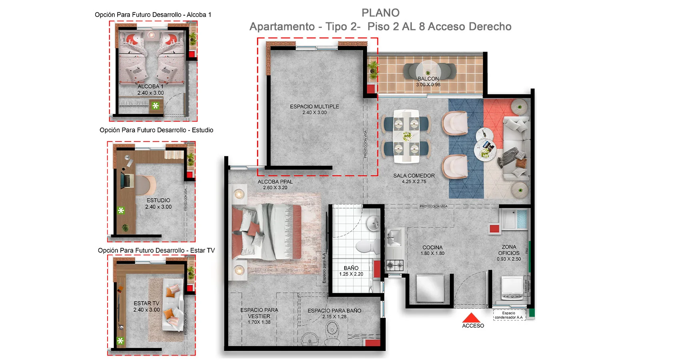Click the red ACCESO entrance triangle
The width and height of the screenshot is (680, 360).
(x=472, y=318)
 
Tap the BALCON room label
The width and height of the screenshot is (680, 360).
(x=428, y=79)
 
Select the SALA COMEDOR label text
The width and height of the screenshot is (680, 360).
(x=414, y=176)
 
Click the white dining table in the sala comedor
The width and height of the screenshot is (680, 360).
(x=406, y=136)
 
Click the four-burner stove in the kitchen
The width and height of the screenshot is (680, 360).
(x=395, y=264)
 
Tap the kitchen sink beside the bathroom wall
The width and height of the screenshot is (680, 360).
(x=394, y=238)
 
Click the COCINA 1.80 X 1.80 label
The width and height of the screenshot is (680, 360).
(x=433, y=250)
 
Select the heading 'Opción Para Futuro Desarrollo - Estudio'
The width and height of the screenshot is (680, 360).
(x=156, y=130)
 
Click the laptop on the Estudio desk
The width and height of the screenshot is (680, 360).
(x=127, y=181)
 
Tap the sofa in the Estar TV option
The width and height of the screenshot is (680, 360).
(x=173, y=304)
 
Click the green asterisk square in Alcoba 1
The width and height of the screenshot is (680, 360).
(x=156, y=106)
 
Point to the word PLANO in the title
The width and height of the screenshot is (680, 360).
(x=380, y=13)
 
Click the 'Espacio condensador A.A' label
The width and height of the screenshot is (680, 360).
(x=509, y=315)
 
